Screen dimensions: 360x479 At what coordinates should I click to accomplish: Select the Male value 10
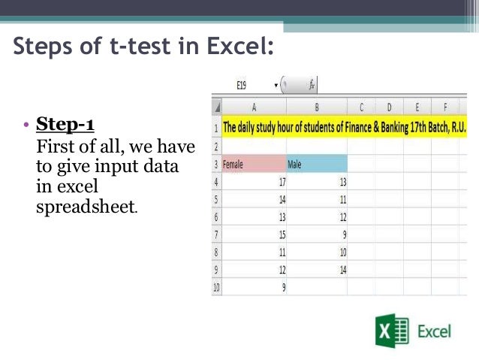pos(342,251)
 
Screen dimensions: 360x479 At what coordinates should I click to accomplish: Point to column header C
pos(361,107)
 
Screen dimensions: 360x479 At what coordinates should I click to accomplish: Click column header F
pos(445,107)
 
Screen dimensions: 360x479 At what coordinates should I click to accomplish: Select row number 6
pos(216,217)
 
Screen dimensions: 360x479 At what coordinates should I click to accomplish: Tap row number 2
pos(216,145)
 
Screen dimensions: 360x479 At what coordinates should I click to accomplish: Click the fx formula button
pos(312,86)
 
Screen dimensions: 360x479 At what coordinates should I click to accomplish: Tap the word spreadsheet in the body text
pos(86,205)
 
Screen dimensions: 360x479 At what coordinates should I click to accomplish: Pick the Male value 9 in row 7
pos(344,234)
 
